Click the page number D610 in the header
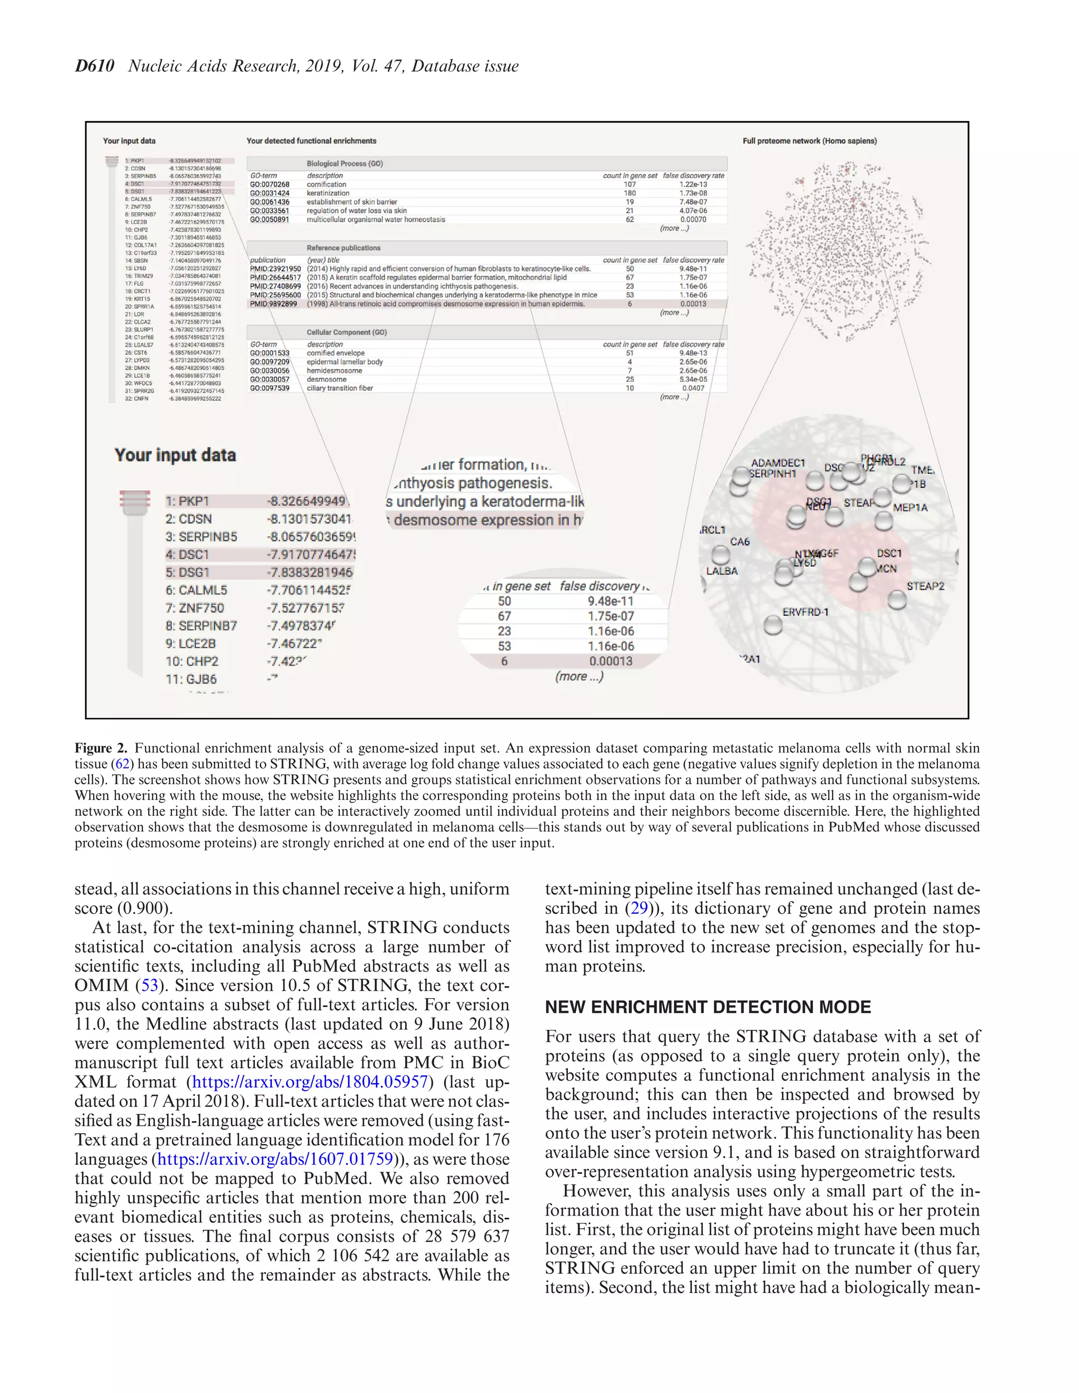(x=94, y=66)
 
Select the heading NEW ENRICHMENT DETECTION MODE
(x=708, y=1007)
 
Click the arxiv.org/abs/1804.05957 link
(x=309, y=1082)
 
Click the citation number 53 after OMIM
(x=149, y=985)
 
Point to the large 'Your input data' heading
(x=175, y=456)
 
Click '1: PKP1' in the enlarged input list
(x=187, y=501)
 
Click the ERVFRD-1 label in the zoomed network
(x=805, y=612)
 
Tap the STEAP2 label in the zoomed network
(x=925, y=586)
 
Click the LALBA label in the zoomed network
(x=722, y=571)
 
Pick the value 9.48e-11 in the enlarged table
(x=610, y=601)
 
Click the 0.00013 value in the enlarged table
(x=611, y=661)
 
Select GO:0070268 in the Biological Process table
(x=269, y=184)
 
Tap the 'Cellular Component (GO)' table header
(x=347, y=332)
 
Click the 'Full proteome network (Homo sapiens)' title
(x=809, y=141)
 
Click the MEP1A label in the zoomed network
(x=910, y=508)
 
